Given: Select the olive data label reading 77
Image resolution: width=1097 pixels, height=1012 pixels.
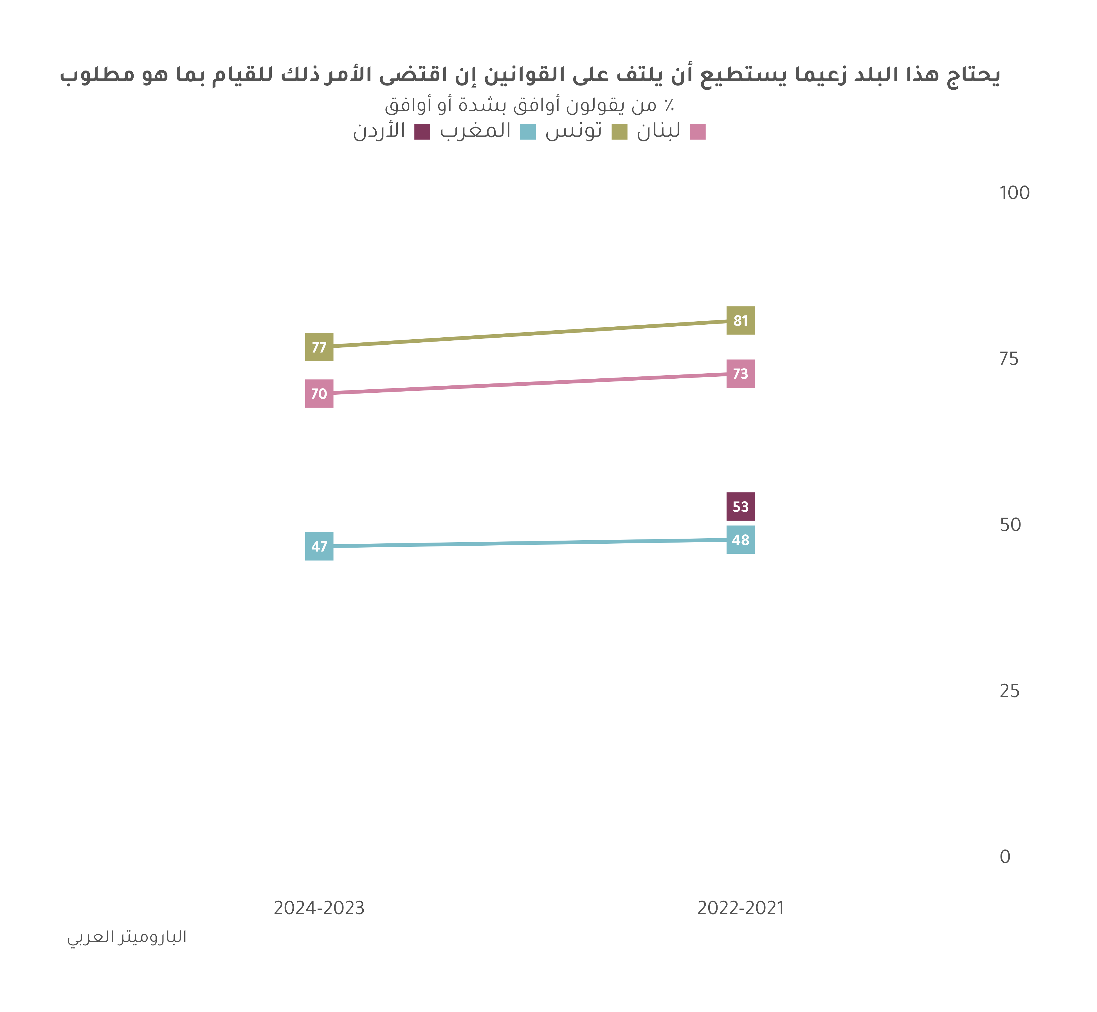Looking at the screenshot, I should click(319, 347).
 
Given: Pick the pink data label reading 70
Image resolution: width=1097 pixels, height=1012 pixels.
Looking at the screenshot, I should click(319, 394).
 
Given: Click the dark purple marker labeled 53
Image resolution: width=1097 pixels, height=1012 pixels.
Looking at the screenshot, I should click(740, 507).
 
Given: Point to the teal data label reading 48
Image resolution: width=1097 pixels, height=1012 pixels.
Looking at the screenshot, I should click(740, 540).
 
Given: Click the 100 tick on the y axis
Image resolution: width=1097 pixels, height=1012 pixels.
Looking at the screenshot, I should click(1014, 193).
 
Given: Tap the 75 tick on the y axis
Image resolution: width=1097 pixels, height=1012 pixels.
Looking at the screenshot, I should click(1009, 359).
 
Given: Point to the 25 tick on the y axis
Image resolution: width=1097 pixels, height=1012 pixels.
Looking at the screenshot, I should click(1009, 691).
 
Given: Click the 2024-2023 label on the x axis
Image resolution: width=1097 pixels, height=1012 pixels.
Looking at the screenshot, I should click(319, 909).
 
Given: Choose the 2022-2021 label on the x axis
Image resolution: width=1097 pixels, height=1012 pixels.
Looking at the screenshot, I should click(740, 909).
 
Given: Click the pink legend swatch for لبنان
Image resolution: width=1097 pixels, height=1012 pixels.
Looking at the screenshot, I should click(698, 132).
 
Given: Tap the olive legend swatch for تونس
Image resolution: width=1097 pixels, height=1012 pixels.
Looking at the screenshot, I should click(619, 132).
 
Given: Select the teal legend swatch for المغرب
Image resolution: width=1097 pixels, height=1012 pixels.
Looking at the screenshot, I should click(528, 132).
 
